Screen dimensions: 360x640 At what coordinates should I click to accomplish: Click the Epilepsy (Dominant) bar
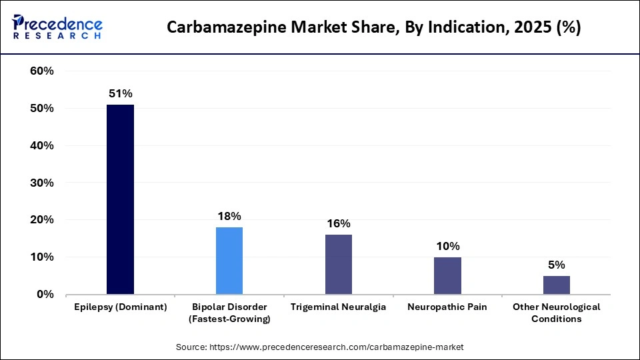click(120, 199)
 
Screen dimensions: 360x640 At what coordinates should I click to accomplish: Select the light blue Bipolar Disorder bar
click(229, 261)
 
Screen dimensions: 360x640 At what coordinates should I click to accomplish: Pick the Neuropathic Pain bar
click(447, 275)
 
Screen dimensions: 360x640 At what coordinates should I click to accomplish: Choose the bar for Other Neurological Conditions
click(556, 285)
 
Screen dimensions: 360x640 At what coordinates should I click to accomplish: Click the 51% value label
click(120, 94)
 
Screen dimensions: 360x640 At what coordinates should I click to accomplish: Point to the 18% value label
click(229, 216)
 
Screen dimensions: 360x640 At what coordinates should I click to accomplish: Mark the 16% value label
click(339, 223)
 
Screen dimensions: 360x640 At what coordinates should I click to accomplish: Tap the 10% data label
click(447, 246)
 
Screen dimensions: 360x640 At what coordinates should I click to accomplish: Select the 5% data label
click(556, 265)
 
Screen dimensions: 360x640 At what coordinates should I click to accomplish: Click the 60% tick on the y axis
click(42, 71)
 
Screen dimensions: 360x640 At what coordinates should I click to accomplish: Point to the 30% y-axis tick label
click(42, 183)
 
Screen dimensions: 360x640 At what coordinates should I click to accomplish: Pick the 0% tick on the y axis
click(45, 294)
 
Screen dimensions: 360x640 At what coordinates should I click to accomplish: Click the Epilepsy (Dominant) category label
click(120, 307)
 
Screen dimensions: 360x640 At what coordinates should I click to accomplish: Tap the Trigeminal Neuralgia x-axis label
click(339, 307)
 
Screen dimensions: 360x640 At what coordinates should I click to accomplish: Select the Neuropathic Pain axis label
click(447, 307)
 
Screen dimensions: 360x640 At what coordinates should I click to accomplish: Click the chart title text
click(373, 27)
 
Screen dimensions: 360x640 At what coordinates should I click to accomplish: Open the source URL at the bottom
click(319, 347)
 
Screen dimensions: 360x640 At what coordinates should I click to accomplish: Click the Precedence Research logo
click(57, 27)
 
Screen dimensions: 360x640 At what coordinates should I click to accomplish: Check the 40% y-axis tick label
click(42, 145)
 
